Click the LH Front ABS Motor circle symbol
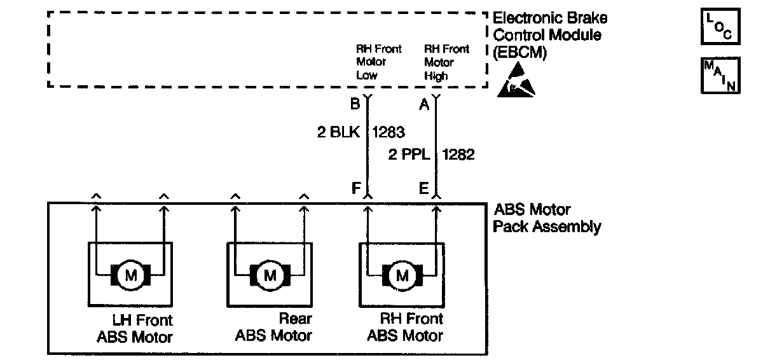click(131, 275)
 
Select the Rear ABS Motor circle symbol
click(270, 275)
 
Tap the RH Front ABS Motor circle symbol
click(402, 275)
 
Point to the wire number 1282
click(458, 155)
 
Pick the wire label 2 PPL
click(408, 155)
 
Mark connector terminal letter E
click(424, 188)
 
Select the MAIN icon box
click(721, 76)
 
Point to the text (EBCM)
click(519, 54)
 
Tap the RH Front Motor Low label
click(378, 62)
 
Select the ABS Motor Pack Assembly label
click(547, 218)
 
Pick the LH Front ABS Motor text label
click(135, 328)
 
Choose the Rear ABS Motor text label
click(274, 327)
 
